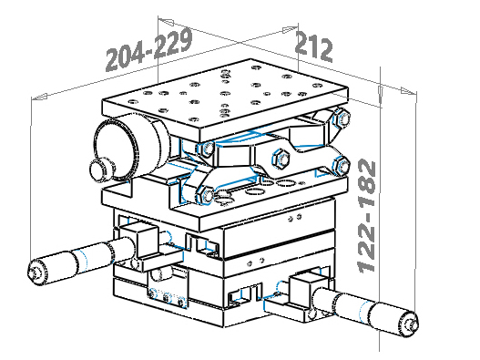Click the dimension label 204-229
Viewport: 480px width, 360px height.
pos(149,49)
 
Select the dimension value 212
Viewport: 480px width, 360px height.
pos(313,46)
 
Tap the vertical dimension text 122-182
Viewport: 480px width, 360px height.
pos(367,216)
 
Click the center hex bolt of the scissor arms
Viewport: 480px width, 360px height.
pos(281,159)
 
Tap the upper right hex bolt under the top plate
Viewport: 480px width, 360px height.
pos(342,118)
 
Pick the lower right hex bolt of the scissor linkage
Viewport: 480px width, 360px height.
pos(342,166)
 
